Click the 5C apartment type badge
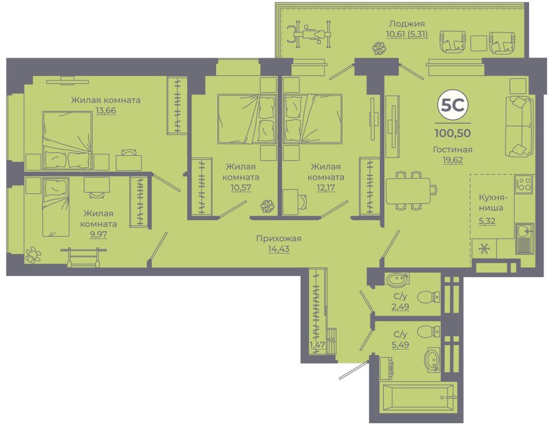click(452, 105)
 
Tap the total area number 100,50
click(452, 133)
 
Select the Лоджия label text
click(407, 24)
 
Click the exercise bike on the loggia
click(309, 34)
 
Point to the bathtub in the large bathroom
click(418, 398)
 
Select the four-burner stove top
click(523, 184)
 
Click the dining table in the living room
click(408, 191)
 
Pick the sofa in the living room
click(519, 126)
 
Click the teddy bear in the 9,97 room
click(33, 255)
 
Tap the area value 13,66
click(105, 110)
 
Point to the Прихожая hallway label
click(279, 238)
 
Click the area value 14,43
click(279, 249)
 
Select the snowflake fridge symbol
click(484, 249)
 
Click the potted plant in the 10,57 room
click(267, 206)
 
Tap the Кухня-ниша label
click(491, 202)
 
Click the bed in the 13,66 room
click(68, 141)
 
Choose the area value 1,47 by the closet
click(317, 345)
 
